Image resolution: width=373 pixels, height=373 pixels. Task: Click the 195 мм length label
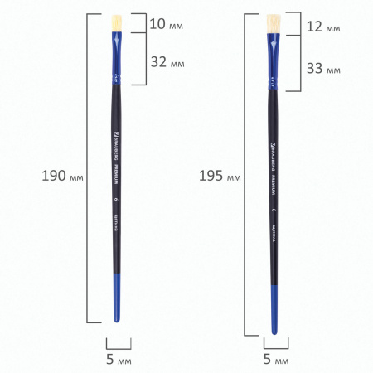click(x=220, y=176)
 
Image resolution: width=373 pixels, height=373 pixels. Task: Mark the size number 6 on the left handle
click(x=117, y=199)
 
